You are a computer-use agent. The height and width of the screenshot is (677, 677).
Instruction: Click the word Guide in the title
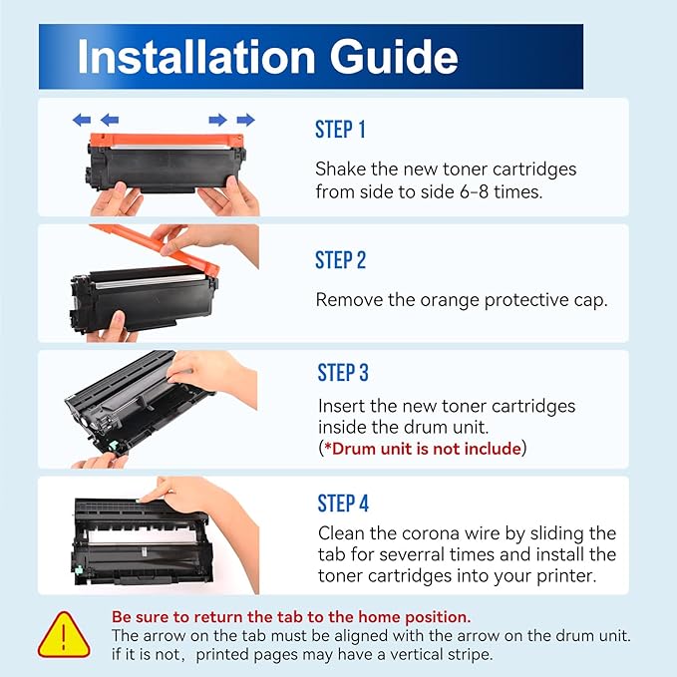coord(392,58)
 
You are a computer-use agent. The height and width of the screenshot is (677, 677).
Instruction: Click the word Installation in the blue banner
coord(193,57)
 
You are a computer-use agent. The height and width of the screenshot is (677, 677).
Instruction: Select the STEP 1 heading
coord(340,130)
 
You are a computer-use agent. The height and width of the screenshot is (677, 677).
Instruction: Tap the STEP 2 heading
coord(340,260)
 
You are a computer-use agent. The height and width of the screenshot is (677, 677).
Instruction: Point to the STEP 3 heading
coord(343,373)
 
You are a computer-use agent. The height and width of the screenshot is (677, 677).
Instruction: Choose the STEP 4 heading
coord(343,504)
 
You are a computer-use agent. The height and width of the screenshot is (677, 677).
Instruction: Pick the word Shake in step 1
coord(339,169)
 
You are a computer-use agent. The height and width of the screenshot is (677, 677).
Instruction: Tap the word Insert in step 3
coord(342,406)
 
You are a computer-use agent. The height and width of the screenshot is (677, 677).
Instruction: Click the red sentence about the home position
coord(291,617)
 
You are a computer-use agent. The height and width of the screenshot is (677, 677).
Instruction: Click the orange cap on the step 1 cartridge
coord(165,139)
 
